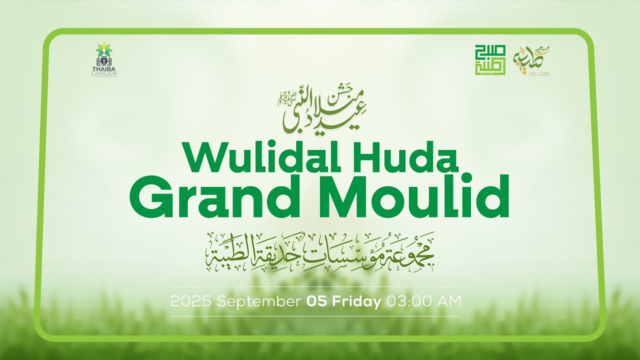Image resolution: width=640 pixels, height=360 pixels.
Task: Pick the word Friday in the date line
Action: (357, 301)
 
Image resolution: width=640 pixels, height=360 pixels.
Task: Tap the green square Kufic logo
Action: (490, 60)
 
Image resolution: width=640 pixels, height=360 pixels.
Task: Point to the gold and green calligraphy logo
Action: (532, 60)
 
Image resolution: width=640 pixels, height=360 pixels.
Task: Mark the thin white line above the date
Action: (315, 286)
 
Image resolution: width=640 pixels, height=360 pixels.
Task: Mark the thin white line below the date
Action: (315, 316)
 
